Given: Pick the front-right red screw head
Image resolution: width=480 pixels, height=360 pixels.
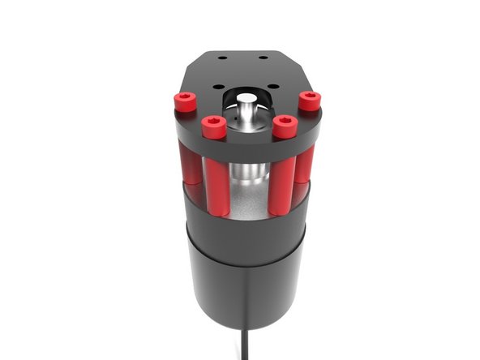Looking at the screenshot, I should (x=283, y=126).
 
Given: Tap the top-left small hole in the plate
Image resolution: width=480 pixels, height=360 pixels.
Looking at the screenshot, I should (x=221, y=58).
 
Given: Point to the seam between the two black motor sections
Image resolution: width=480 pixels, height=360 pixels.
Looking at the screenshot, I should (x=245, y=243).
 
